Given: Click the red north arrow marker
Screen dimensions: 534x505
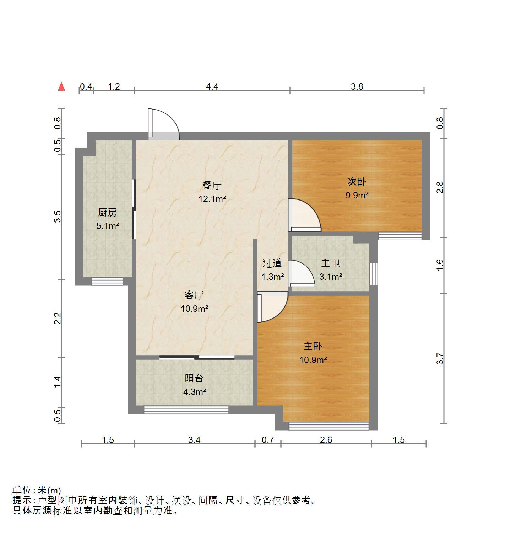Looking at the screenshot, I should [61, 86].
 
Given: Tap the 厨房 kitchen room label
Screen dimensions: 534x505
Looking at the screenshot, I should [107, 213].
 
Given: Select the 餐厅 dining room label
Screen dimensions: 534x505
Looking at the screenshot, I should [212, 185].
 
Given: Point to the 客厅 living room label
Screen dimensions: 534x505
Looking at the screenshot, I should [194, 295].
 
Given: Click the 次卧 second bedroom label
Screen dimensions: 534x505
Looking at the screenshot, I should [357, 182].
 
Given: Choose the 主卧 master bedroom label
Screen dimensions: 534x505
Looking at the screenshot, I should [313, 346].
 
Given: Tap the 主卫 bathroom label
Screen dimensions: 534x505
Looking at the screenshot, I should [331, 263].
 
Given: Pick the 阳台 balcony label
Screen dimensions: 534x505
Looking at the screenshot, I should [194, 378].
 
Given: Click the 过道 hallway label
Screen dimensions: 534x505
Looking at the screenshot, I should [272, 263].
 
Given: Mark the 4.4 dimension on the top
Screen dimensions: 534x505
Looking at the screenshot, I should [212, 86].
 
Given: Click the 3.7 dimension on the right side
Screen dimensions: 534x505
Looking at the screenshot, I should [440, 358].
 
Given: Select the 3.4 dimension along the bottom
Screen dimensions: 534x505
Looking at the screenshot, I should [194, 440].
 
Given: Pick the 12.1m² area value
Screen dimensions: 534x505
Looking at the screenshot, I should [212, 199].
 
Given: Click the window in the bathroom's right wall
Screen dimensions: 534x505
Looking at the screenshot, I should [373, 273].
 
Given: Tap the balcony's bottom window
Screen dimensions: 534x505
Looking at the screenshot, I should [186, 410].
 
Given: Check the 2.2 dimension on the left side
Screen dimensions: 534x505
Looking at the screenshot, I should [58, 318].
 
